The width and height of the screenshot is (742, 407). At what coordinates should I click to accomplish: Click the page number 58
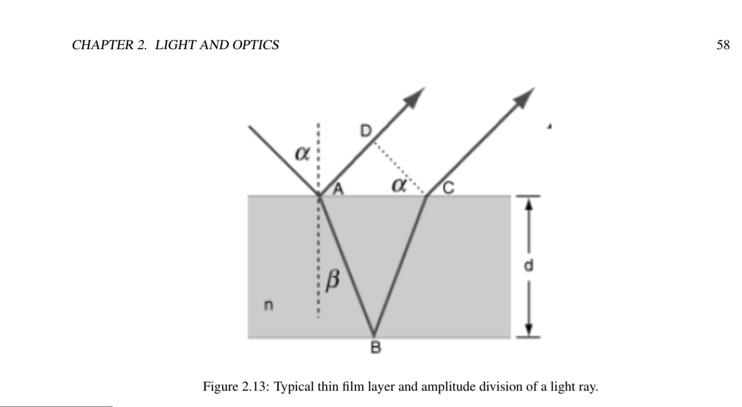tap(723, 45)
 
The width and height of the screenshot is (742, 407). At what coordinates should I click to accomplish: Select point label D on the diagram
tap(365, 131)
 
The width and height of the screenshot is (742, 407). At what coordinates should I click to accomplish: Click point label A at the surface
tap(338, 189)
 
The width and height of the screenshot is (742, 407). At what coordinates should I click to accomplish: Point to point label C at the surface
tap(448, 188)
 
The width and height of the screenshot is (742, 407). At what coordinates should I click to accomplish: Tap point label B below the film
tap(376, 347)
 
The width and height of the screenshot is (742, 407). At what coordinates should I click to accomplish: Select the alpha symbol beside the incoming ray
tap(301, 154)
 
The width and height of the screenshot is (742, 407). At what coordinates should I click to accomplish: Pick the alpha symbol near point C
tap(399, 186)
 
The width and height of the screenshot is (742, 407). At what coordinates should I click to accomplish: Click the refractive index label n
tap(268, 304)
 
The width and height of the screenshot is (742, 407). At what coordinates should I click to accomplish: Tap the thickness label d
tap(528, 266)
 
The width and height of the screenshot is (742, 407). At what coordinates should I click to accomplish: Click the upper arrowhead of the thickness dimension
tap(528, 203)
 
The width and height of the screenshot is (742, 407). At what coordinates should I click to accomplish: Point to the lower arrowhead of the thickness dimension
tap(528, 328)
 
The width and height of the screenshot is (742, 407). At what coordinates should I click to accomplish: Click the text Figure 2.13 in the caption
tap(235, 387)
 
